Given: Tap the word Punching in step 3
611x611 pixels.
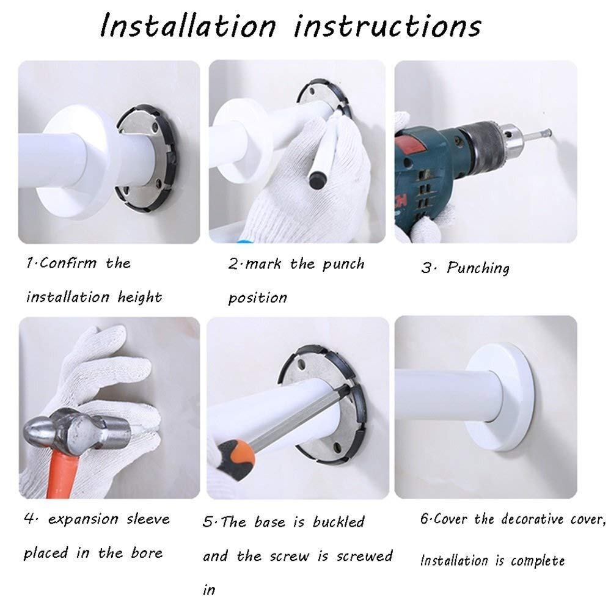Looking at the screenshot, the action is [x=478, y=268].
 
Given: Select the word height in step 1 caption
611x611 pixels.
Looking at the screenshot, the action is [x=139, y=298].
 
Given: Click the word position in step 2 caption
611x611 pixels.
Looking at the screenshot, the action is [x=258, y=298].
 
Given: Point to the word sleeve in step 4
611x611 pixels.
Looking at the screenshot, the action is [x=148, y=519].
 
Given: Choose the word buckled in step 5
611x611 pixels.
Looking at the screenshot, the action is [x=338, y=522].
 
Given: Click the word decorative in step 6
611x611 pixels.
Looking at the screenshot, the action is [x=532, y=519].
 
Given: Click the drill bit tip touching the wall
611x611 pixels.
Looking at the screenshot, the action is [x=550, y=132].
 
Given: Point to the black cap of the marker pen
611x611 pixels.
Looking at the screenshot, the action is [x=317, y=181].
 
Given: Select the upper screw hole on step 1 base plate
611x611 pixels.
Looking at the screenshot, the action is [x=155, y=127].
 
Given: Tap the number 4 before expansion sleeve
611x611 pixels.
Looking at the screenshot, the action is [x=29, y=518].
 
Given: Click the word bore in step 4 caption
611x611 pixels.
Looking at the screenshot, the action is [x=147, y=552].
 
